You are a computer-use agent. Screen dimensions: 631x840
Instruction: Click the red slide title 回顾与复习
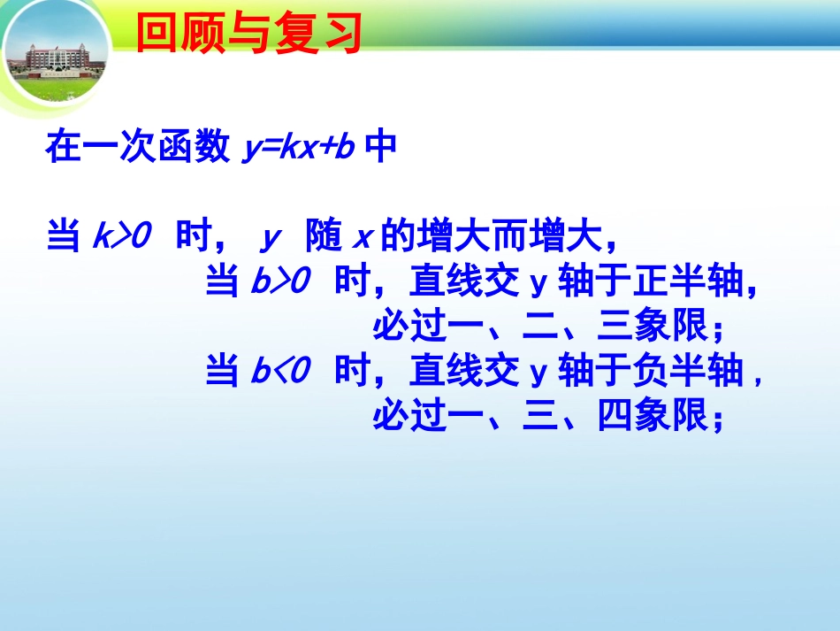click(249, 34)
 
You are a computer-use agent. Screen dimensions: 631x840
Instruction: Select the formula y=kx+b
click(299, 149)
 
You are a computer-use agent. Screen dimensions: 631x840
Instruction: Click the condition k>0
click(123, 238)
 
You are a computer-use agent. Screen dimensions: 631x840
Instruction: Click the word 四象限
click(653, 415)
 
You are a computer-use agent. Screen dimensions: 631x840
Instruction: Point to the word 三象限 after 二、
click(653, 327)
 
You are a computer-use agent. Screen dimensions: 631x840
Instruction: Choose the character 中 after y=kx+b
click(381, 148)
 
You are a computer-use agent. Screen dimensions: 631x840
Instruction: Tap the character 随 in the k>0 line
click(322, 238)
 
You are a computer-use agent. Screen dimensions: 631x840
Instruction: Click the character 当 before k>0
click(64, 238)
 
